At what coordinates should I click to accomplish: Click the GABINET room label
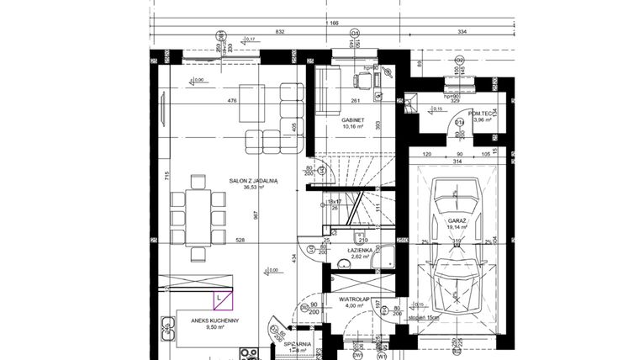pos(352,120)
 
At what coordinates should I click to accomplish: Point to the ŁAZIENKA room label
pos(360,251)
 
